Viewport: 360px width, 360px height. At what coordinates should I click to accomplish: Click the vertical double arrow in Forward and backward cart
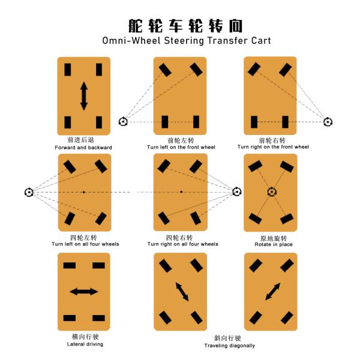(x=84, y=96)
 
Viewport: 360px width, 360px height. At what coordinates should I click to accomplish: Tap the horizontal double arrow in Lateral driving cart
(x=84, y=292)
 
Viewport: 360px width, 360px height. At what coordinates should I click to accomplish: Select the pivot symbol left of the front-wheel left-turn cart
(x=123, y=121)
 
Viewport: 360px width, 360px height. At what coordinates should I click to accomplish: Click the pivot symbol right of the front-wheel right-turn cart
(x=328, y=122)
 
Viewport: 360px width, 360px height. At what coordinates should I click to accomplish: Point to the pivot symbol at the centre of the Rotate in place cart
(x=272, y=192)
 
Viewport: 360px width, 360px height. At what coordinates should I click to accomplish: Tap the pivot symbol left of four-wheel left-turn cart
(x=29, y=192)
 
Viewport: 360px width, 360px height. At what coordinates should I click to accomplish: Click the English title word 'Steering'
(x=184, y=41)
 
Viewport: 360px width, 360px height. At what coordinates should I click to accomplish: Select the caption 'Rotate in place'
(x=274, y=244)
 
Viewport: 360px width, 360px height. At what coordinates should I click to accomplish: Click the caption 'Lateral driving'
(x=85, y=344)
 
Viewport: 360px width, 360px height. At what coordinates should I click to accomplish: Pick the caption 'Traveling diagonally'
(x=229, y=346)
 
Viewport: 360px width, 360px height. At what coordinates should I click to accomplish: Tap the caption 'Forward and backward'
(x=83, y=148)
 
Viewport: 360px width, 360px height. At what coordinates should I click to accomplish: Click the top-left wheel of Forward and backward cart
(x=68, y=70)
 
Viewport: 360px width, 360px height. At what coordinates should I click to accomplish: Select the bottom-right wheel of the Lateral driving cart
(x=99, y=318)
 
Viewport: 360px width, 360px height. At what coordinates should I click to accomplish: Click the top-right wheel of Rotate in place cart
(x=287, y=167)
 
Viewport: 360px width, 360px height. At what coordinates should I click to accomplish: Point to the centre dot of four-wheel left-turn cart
(x=84, y=192)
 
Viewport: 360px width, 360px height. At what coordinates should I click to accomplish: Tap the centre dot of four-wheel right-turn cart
(x=181, y=192)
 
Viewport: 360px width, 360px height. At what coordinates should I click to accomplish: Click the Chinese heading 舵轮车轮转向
(x=185, y=26)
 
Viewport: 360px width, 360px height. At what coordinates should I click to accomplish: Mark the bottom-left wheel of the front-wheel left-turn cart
(x=165, y=122)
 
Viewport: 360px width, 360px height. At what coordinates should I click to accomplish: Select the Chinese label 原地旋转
(x=274, y=238)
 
